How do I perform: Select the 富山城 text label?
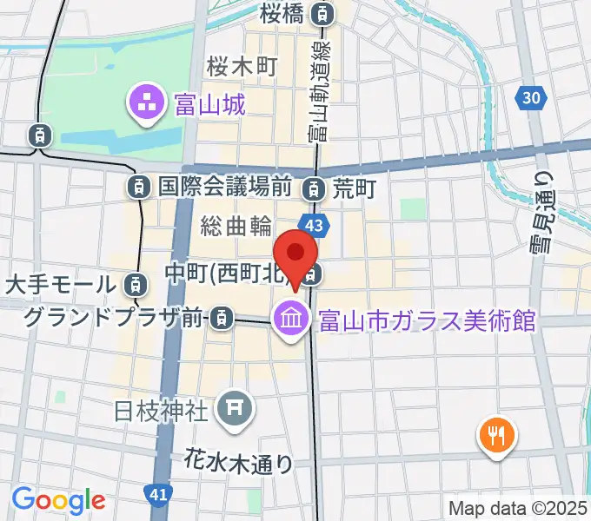tap(209, 106)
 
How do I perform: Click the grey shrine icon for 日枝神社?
tap(234, 406)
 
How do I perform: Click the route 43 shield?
tap(316, 226)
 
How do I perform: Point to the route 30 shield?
tap(533, 98)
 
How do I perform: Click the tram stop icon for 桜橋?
tap(324, 13)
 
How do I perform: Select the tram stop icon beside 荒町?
tap(313, 188)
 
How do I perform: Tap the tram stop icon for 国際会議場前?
tap(138, 185)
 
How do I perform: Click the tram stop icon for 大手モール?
tap(134, 283)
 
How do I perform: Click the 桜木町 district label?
tap(241, 66)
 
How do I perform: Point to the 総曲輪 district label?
tap(236, 227)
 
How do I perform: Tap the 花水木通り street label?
tap(239, 462)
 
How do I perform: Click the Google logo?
tap(57, 500)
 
